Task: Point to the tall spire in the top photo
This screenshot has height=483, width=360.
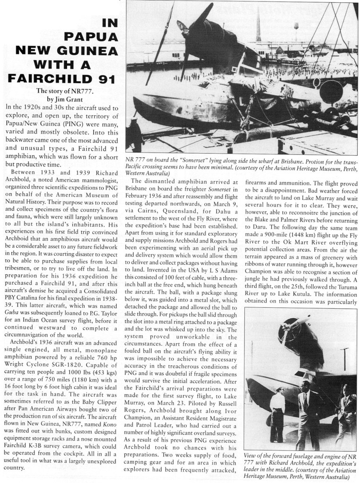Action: click(x=259, y=26)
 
